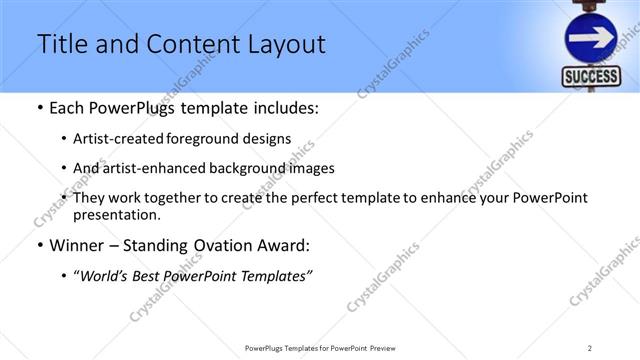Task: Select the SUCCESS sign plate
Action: (591, 78)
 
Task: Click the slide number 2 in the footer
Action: (589, 347)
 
